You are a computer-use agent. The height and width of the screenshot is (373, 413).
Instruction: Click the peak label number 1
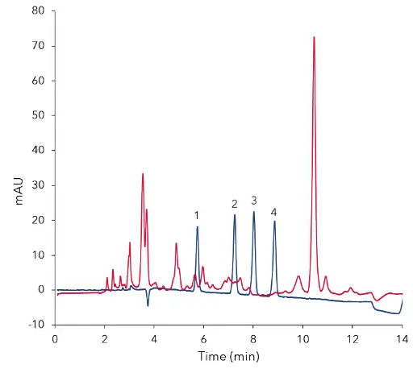(196, 215)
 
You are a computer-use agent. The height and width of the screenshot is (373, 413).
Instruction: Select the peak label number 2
(234, 203)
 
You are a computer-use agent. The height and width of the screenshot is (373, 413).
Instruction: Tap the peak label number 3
(253, 200)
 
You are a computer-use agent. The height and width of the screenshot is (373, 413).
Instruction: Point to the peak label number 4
(274, 211)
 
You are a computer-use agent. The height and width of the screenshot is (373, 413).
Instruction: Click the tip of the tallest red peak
(314, 37)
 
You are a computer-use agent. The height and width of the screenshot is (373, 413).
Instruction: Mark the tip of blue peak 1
(197, 226)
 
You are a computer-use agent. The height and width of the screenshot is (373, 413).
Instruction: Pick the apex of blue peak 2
(235, 214)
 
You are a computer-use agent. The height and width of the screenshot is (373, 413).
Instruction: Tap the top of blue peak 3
(253, 211)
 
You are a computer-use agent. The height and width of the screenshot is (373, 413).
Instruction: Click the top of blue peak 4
(274, 222)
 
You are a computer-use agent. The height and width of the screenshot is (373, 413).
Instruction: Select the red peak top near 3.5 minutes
(143, 174)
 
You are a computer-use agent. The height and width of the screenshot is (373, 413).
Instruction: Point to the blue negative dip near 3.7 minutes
(148, 305)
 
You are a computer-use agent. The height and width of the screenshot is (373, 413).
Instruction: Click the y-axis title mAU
(21, 186)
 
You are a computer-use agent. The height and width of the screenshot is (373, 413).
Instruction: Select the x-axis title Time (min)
(228, 356)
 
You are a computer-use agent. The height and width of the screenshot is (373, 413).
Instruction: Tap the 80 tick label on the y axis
(39, 11)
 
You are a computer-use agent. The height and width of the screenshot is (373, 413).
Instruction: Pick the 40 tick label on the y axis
(39, 151)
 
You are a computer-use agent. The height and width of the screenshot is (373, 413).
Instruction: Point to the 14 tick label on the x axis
(402, 339)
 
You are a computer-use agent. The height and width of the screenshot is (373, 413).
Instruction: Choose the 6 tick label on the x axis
(203, 339)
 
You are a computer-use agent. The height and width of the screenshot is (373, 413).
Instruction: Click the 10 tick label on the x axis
(302, 339)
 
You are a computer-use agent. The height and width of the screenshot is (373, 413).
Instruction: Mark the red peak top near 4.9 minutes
(176, 243)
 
